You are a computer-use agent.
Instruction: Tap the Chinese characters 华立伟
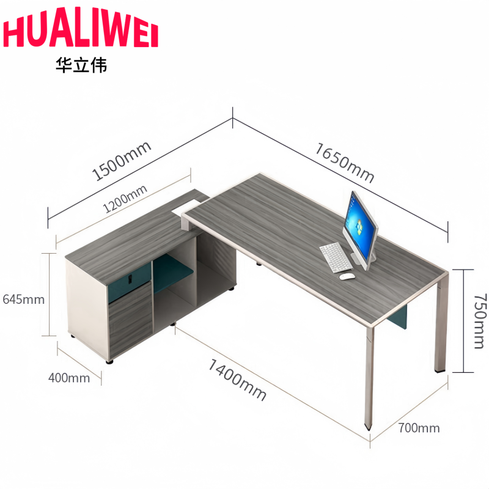tap(81, 65)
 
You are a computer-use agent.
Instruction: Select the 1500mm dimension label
tap(122, 161)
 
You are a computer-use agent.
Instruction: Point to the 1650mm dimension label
tap(345, 163)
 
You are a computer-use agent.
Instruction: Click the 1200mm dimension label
tap(125, 198)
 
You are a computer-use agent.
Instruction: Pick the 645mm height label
tap(24, 300)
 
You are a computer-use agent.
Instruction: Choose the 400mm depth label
tap(69, 378)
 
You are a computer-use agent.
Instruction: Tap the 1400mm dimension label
tap(237, 379)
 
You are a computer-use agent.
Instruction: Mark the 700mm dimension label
tap(419, 428)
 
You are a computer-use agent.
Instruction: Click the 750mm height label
tap(480, 321)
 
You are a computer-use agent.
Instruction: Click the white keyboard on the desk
tap(336, 257)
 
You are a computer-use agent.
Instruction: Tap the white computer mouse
tap(347, 276)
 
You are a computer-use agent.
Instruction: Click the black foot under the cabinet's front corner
tap(109, 362)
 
